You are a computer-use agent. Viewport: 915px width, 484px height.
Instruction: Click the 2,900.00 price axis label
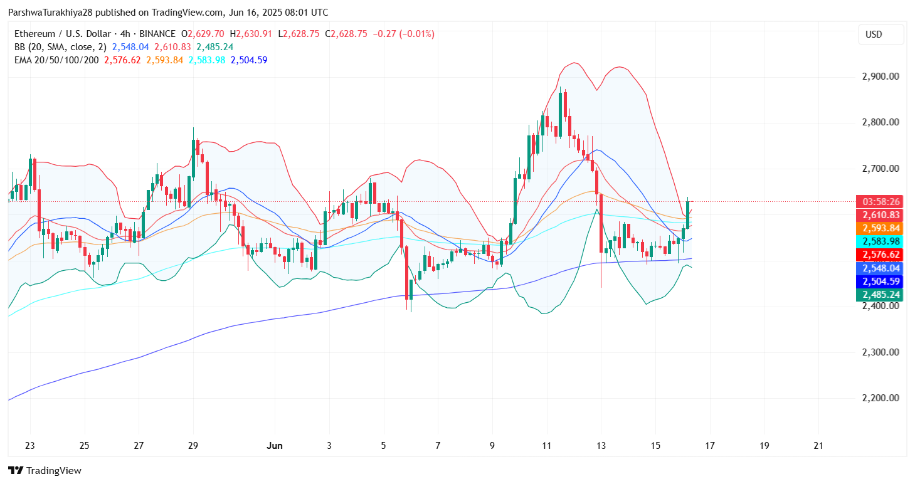point(881,76)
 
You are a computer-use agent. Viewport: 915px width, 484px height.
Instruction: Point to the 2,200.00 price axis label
point(881,398)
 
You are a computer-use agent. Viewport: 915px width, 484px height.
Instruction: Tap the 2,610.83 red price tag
point(879,215)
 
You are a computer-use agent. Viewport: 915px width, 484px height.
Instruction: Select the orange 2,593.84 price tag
point(879,228)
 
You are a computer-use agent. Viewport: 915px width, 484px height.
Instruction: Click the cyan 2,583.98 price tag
point(879,241)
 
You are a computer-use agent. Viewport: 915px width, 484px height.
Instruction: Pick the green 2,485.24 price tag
point(879,295)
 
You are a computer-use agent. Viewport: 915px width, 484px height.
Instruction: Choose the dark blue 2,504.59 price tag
point(879,281)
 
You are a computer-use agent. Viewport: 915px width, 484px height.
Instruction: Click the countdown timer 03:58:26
point(879,202)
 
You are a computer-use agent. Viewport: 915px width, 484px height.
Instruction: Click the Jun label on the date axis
point(275,446)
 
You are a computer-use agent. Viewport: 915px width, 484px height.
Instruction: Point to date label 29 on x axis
point(193,446)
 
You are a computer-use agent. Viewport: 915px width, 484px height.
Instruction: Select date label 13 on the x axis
point(601,446)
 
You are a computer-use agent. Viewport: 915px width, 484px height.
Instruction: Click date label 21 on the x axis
point(818,446)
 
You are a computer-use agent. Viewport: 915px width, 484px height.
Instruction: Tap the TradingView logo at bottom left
point(45,471)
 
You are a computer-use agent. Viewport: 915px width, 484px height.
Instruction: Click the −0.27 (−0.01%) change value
point(403,34)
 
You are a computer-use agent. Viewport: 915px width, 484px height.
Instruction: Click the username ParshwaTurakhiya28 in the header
point(50,13)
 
